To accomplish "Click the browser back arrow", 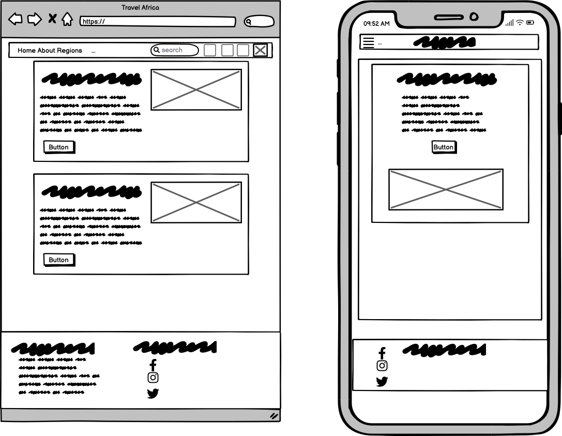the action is (15, 19).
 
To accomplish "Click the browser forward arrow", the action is (35, 19).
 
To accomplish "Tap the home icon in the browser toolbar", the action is (67, 19).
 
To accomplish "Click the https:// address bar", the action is (158, 22).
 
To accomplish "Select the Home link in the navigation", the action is (26, 51).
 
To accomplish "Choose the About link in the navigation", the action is (46, 51).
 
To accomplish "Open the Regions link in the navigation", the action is (69, 51).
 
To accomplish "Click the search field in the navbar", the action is (175, 50).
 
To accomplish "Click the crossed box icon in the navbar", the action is (260, 50).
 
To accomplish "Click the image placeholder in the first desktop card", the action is (196, 89).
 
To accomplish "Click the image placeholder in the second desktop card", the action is (196, 203).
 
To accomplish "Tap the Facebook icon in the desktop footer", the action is (153, 365).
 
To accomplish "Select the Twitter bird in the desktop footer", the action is (153, 394).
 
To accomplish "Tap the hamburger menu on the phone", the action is (369, 42).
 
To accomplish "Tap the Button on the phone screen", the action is (444, 147).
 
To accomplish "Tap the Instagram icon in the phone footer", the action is (382, 366).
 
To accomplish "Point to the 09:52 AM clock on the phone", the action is (376, 24).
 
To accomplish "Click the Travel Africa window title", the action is (140, 8).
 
